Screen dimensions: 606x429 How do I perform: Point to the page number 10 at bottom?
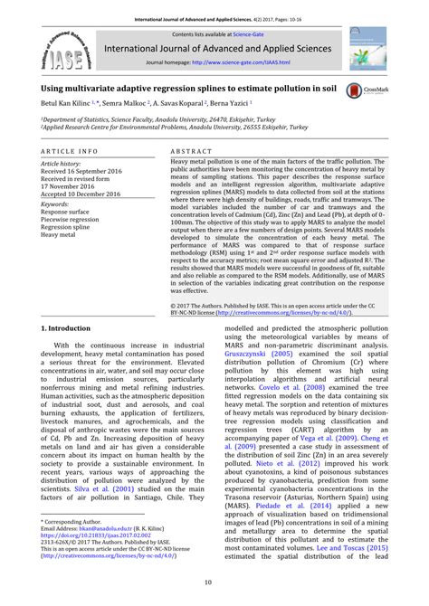pyautogui.click(x=214, y=582)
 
